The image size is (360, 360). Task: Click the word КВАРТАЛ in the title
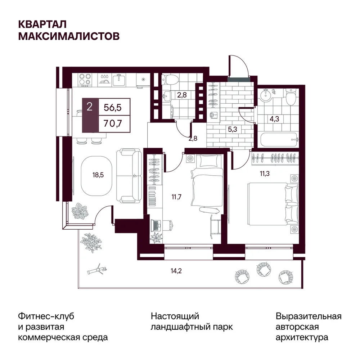[x=42, y=24]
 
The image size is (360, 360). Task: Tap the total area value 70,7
[x=112, y=124]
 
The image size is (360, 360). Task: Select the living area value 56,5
[x=112, y=107]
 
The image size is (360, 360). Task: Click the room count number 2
[x=90, y=107]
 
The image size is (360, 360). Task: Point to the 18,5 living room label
[x=98, y=175]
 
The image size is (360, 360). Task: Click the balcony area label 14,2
[x=176, y=271]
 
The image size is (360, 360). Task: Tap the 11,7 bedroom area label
[x=176, y=197]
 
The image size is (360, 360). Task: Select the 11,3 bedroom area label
[x=265, y=174]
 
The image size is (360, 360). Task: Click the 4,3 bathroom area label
[x=274, y=119]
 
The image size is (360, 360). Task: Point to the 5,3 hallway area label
[x=232, y=129]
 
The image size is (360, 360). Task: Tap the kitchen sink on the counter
[x=119, y=80]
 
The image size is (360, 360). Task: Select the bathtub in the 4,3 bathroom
[x=279, y=140]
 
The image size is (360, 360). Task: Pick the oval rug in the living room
[x=96, y=176]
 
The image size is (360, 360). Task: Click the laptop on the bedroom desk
[x=156, y=225]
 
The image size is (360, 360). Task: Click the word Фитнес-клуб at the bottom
[x=46, y=316]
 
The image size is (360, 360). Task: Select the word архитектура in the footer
[x=302, y=338]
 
